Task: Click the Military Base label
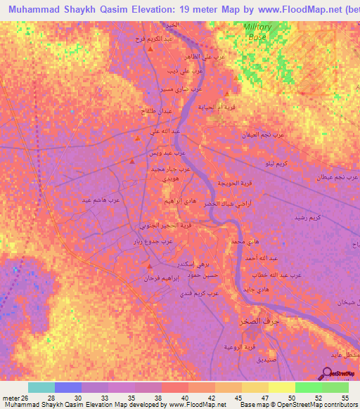[257, 30]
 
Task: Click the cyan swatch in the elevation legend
[41, 387]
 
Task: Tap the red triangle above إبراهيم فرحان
[150, 265]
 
